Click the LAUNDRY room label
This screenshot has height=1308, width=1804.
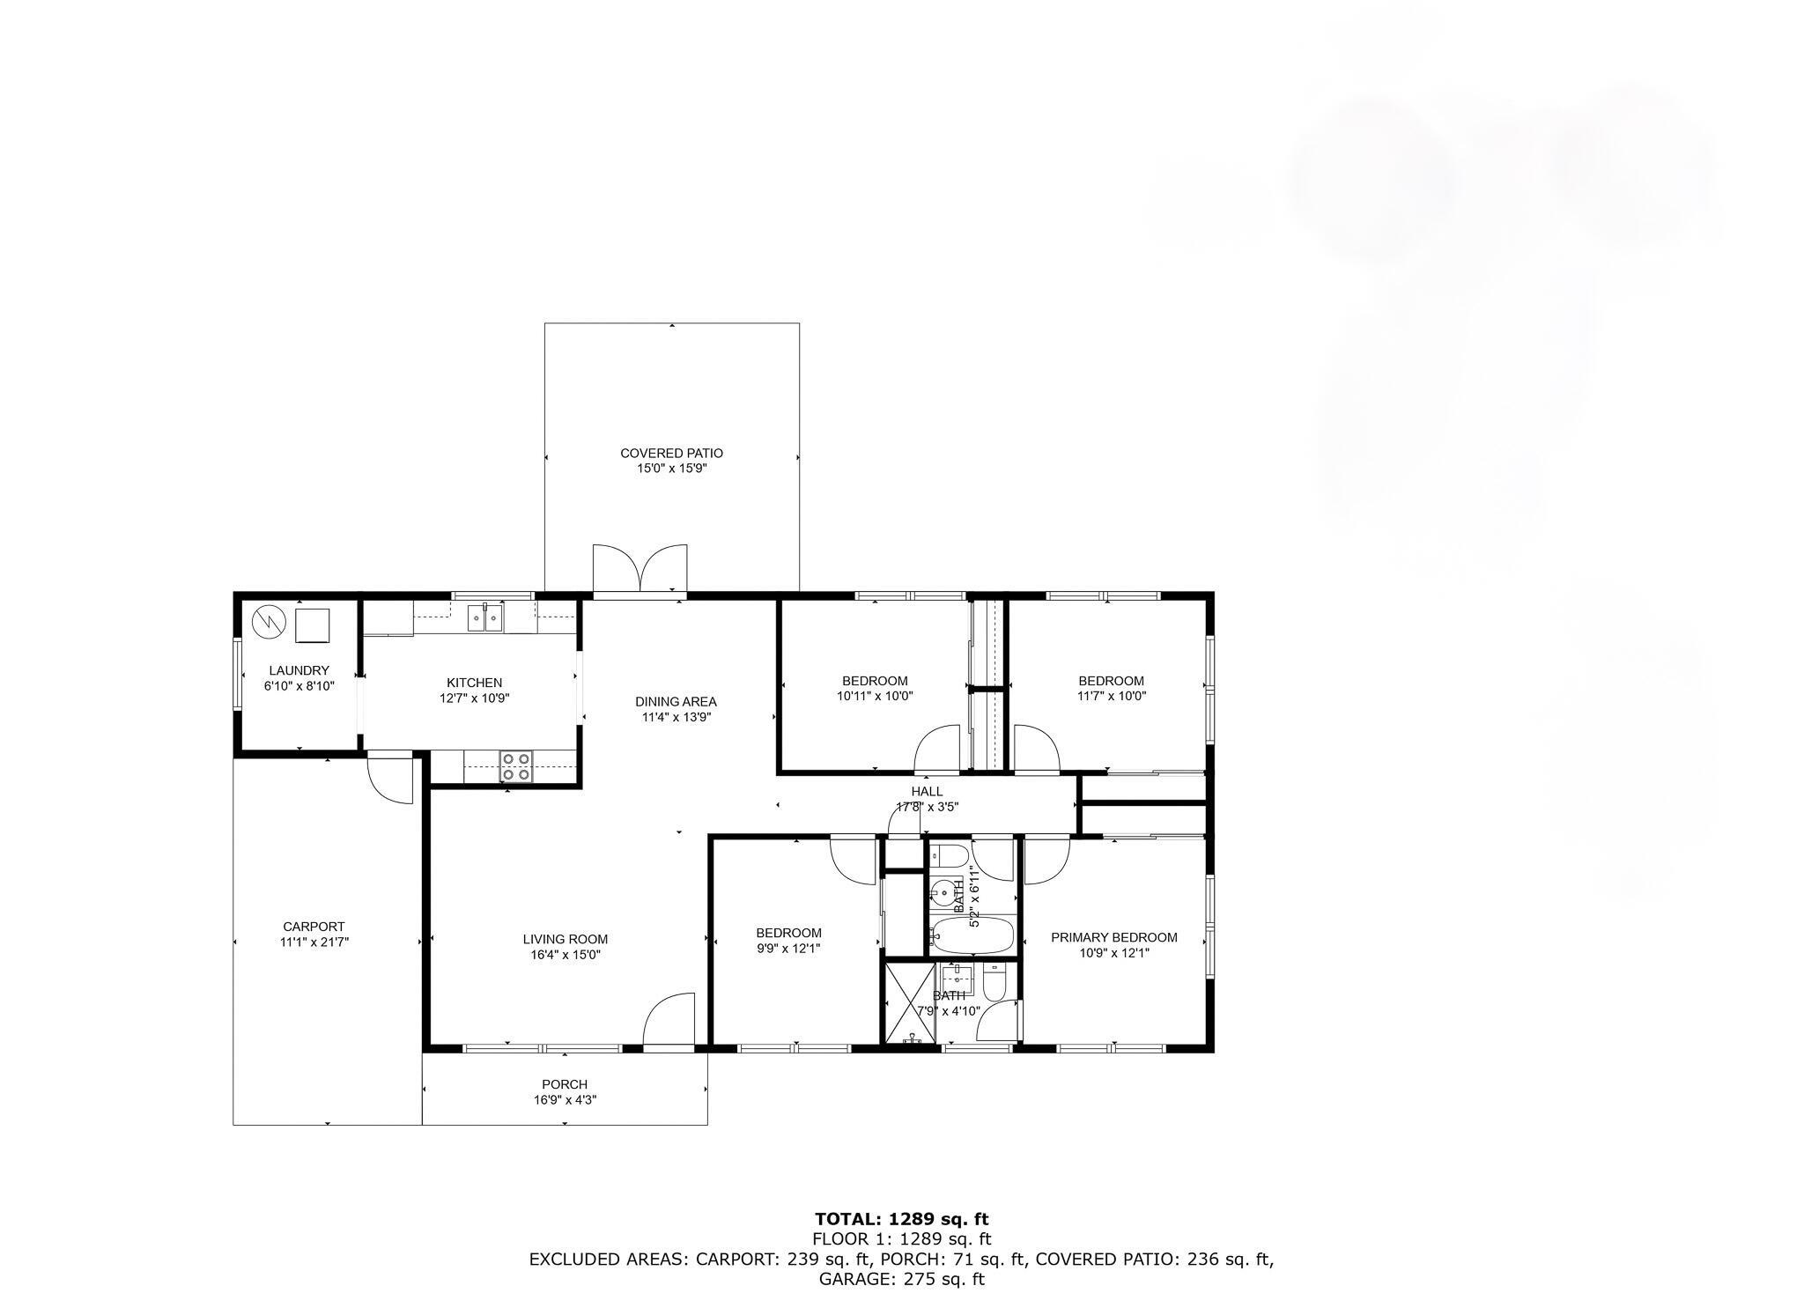299,670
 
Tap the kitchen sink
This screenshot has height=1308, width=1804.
484,618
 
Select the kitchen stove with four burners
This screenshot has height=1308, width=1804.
516,766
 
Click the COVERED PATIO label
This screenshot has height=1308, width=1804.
671,454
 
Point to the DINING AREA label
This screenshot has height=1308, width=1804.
676,702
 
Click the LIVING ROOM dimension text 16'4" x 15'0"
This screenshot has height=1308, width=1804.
565,954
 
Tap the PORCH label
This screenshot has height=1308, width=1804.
565,1084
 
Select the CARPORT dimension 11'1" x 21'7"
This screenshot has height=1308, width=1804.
314,942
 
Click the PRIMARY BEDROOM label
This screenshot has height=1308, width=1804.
1113,937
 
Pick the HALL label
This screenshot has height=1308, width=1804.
927,791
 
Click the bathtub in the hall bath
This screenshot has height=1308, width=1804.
973,935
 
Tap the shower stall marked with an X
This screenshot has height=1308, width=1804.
910,1004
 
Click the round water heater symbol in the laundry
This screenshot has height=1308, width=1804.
270,623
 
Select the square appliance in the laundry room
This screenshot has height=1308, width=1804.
312,624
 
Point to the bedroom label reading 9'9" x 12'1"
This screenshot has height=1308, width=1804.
788,949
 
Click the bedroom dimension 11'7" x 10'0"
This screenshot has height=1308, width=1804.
1112,696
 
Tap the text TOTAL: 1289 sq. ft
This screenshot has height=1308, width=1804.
901,1219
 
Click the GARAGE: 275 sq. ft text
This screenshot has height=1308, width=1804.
901,1279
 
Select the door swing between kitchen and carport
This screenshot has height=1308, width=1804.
389,777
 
